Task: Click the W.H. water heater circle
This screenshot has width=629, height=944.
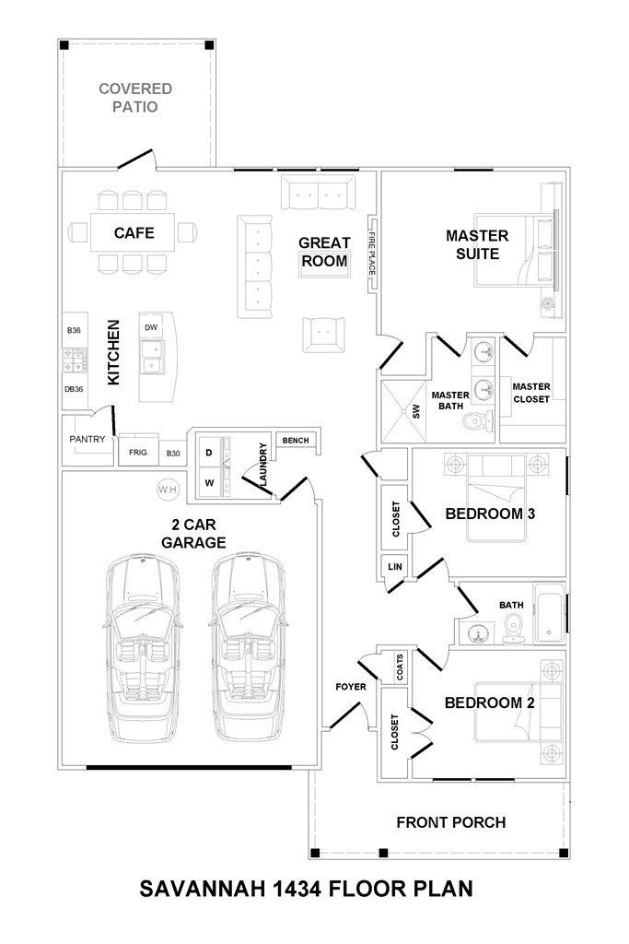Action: coord(168,490)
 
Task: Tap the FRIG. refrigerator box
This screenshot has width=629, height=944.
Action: coord(139,451)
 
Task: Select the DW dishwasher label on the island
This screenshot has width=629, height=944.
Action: coord(151,327)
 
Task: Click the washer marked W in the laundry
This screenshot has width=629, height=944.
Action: coord(209,483)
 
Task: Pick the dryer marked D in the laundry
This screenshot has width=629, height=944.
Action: coord(209,452)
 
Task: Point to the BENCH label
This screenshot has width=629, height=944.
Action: coord(296,441)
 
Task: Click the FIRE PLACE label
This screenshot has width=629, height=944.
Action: coord(372,254)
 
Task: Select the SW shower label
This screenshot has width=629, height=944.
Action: coord(416,412)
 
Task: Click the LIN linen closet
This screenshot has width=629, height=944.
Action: coord(394,567)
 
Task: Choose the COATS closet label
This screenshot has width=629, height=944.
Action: coord(400,667)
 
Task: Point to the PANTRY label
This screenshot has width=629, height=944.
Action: coord(87,439)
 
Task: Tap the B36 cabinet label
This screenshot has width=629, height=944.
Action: coord(74,331)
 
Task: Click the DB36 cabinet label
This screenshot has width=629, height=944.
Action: coord(74,389)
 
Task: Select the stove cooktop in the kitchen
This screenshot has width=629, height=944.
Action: coord(74,360)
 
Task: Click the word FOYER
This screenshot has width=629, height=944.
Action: coord(351,686)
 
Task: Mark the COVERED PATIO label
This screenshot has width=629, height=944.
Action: coord(135,98)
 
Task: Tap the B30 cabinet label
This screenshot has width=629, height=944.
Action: coord(173,454)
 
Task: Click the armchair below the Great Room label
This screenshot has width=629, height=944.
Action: coord(324,334)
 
